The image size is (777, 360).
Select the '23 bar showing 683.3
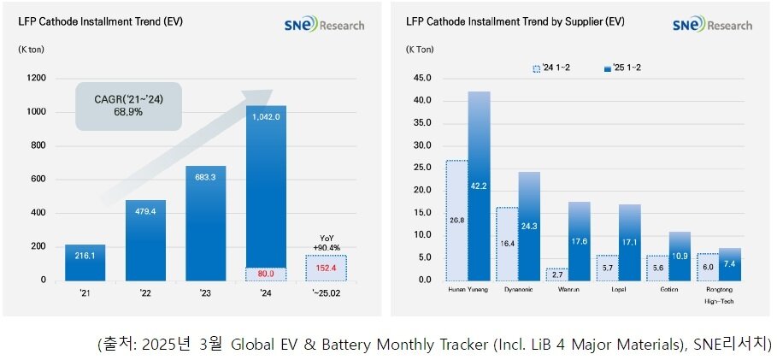pos(206,223)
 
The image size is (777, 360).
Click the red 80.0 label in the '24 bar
pos(266,274)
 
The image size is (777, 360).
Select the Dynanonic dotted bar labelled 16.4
pos(507,244)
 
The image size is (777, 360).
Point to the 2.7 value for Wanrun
pos(556,274)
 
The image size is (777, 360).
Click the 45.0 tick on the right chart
pos(422,78)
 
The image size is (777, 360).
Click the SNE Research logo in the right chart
pos(711,26)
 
